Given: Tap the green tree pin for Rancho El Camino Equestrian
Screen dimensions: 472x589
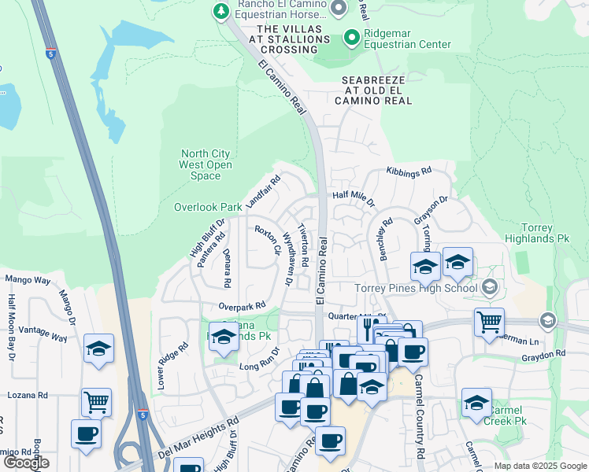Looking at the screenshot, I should click(220, 10).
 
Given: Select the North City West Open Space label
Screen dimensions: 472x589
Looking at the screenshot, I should click(206, 164).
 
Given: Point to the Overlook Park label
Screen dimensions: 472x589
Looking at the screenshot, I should click(208, 207).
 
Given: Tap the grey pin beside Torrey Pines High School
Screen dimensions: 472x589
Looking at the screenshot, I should click(490, 287).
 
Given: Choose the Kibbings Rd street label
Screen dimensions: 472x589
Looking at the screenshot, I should click(409, 171).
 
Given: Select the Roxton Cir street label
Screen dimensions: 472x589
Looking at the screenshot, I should click(267, 240).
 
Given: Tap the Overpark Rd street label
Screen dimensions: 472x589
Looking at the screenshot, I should click(241, 306).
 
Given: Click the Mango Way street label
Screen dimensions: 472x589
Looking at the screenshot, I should click(28, 279).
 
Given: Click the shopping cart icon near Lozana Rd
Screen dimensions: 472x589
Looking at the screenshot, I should click(96, 401).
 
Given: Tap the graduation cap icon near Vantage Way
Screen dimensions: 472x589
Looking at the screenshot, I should click(99, 348).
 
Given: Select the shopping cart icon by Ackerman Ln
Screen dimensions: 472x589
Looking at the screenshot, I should click(489, 320).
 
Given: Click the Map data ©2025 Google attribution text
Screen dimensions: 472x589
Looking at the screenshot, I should click(539, 466).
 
